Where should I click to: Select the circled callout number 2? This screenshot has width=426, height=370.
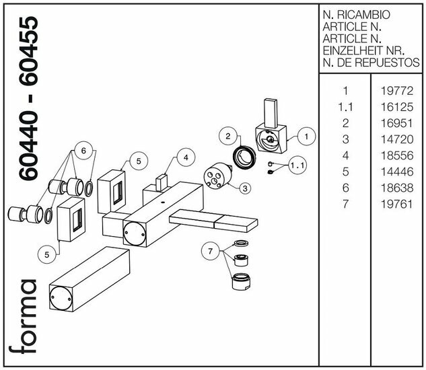coord(229,137)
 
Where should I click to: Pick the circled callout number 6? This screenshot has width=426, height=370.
coord(84,151)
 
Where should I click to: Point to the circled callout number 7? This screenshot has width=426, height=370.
coord(211,252)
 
